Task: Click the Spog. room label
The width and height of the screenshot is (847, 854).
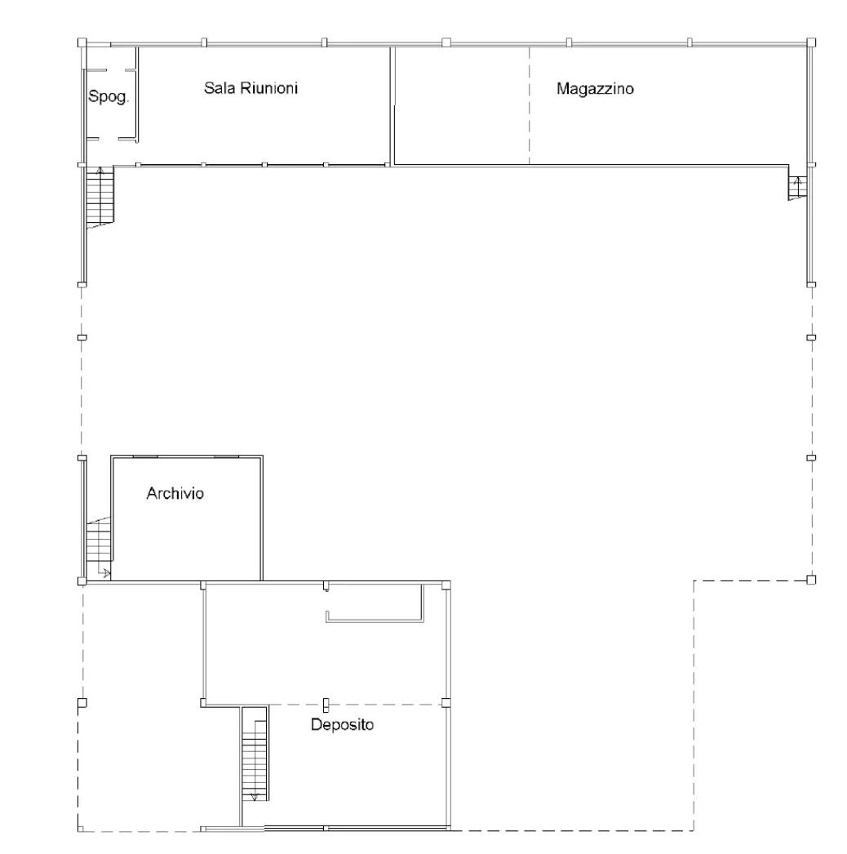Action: [x=109, y=97]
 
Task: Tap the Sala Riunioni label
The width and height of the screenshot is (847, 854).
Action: [x=251, y=88]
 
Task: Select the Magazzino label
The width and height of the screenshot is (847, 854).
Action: [x=595, y=89]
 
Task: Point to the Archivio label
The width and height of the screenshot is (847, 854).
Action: [x=175, y=493]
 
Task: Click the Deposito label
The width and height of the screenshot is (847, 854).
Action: [x=343, y=724]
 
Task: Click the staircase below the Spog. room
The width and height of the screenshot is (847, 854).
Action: [x=100, y=196]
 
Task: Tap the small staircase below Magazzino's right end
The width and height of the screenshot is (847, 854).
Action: [x=797, y=188]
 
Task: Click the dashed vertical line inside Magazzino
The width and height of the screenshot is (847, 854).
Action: [x=529, y=105]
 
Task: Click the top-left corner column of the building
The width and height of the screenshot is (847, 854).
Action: [x=82, y=42]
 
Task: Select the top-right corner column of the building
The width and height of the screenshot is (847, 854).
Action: [x=811, y=42]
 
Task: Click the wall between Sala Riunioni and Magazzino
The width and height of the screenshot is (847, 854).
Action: [x=392, y=105]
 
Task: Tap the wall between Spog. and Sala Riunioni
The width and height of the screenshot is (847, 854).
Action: [x=136, y=95]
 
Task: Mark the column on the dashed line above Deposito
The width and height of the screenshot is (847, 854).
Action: [x=326, y=705]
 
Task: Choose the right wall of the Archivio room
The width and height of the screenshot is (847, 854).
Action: [x=262, y=518]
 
